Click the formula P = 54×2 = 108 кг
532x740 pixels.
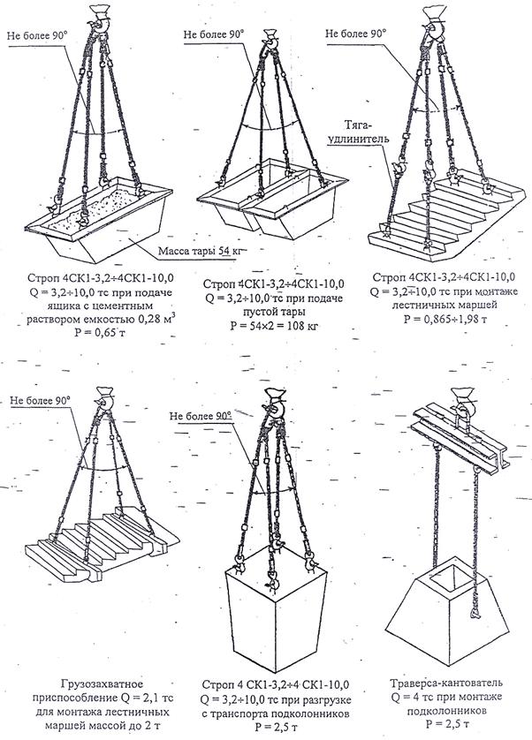(x=274, y=326)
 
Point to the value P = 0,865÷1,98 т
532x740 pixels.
(x=445, y=319)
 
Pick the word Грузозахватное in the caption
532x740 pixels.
(x=101, y=683)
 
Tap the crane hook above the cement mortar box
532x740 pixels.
(x=100, y=19)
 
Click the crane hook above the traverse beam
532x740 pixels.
(x=463, y=403)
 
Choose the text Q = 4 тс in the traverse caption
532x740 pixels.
(x=412, y=696)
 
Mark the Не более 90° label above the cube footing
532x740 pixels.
(x=201, y=416)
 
